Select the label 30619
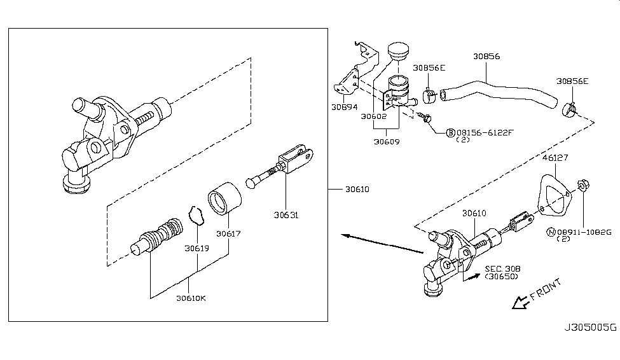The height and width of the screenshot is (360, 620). pos(196,248)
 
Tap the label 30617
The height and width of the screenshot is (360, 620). pos(228,233)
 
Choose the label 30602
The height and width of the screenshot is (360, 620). pos(374,116)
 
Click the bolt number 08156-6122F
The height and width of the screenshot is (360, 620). pos(483,132)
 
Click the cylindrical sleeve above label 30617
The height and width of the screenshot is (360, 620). pos(225,198)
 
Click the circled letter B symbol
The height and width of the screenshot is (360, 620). pos(450,132)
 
